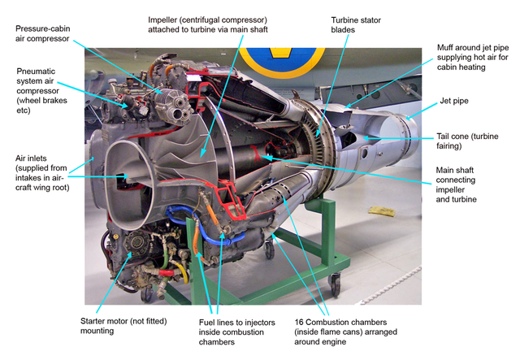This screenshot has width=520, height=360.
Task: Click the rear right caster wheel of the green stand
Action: [335, 284]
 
